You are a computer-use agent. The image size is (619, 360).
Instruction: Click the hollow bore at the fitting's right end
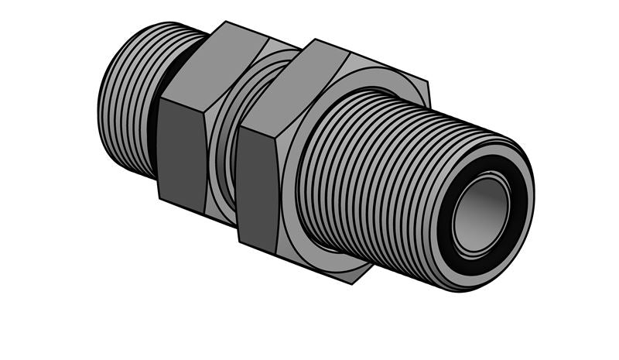[480, 214]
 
